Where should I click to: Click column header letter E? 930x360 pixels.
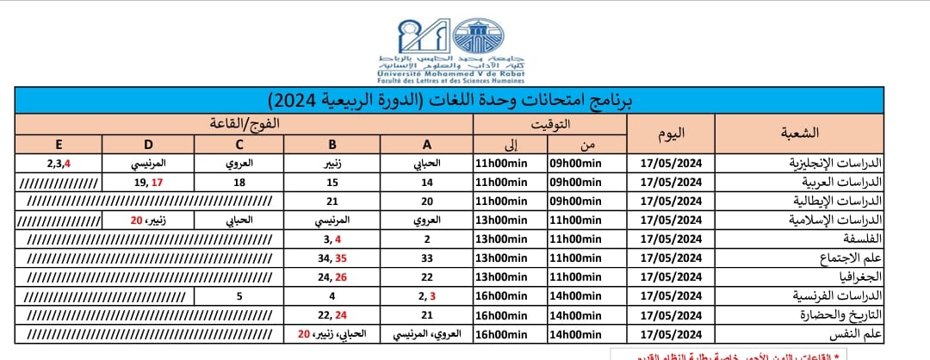point(59,144)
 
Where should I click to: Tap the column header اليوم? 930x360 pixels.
point(671,133)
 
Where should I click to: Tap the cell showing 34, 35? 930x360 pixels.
point(331,258)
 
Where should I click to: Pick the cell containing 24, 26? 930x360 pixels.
point(331,277)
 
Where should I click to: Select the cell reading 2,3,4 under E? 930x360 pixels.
point(59,162)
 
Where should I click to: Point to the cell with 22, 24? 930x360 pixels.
point(331,315)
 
